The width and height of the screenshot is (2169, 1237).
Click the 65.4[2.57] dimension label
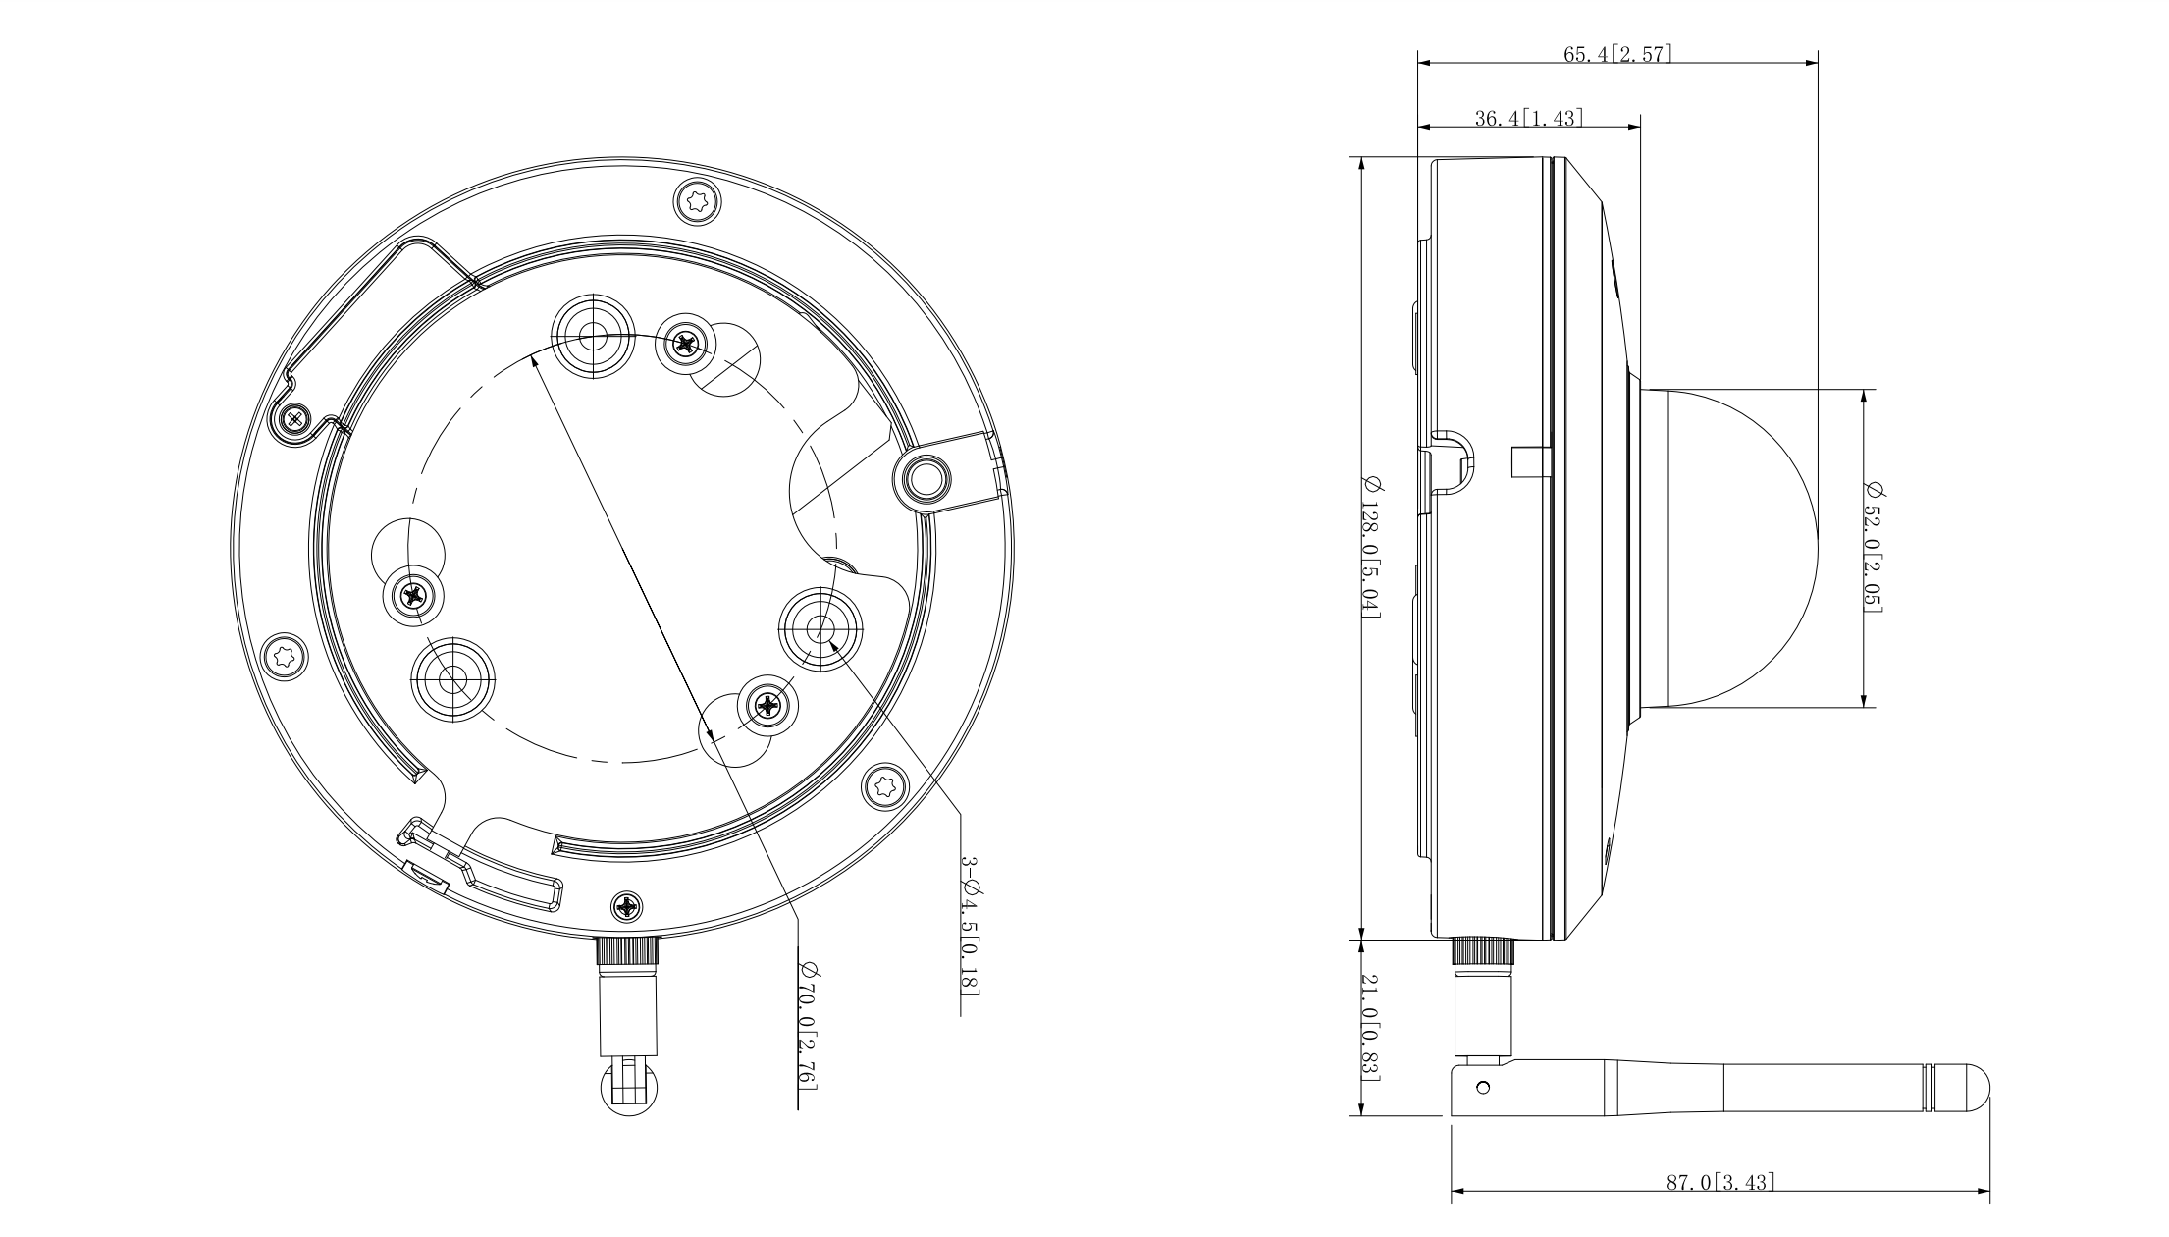click(x=1617, y=54)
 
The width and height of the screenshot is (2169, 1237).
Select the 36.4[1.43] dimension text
click(x=1529, y=119)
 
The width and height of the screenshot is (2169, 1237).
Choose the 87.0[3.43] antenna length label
click(x=1720, y=1182)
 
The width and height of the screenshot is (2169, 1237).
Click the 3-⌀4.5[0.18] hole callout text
click(x=969, y=924)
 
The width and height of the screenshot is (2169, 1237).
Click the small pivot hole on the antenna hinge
click(x=1483, y=1087)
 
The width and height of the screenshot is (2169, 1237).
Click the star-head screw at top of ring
click(x=697, y=203)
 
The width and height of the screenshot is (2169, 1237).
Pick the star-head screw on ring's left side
click(x=284, y=654)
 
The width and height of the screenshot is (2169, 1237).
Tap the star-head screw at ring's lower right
click(x=883, y=784)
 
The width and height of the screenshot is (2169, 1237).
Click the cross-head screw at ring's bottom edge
click(x=627, y=904)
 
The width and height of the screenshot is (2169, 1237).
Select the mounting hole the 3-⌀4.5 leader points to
click(x=820, y=628)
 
